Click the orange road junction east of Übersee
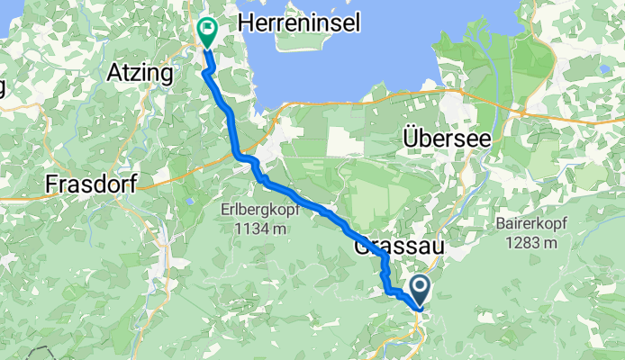[x=522, y=112]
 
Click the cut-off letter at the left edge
[x=3, y=86]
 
